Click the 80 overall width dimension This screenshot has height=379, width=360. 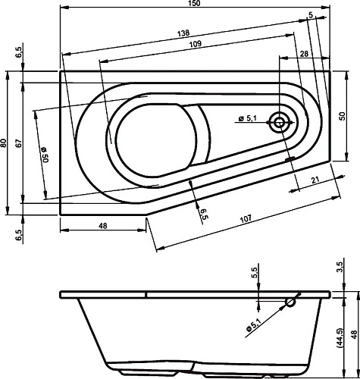pos(5,143)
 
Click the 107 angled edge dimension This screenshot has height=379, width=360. pos(246,219)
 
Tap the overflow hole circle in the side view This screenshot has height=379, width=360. pos(290,302)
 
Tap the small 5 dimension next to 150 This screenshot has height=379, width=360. pos(311,14)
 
